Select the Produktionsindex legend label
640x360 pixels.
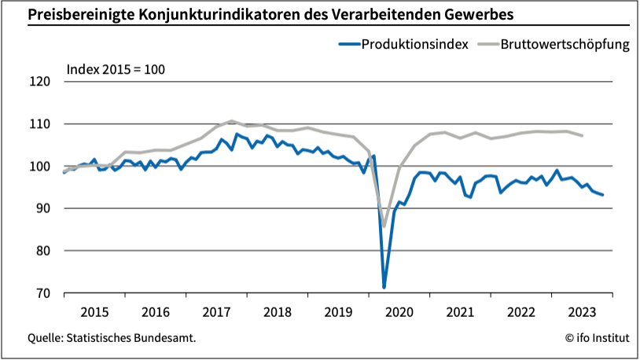[415, 44]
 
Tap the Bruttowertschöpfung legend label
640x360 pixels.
[567, 44]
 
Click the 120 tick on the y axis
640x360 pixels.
[39, 82]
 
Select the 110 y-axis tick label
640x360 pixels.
[39, 124]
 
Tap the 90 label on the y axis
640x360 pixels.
[42, 209]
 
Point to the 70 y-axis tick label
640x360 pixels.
[42, 294]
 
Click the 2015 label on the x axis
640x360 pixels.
[94, 311]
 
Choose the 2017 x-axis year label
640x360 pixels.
[216, 311]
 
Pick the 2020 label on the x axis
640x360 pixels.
[399, 311]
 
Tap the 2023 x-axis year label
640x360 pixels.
[583, 311]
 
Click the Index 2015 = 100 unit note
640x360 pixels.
[115, 69]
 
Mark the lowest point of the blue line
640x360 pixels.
[384, 288]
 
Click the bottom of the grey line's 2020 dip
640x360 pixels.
[384, 226]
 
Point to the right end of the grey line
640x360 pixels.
[583, 136]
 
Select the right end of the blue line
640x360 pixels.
[603, 195]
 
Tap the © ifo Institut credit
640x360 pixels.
[597, 338]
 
